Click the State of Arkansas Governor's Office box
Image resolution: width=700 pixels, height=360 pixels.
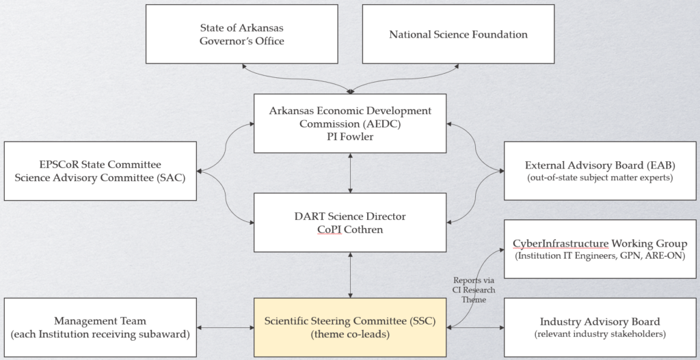click(x=241, y=34)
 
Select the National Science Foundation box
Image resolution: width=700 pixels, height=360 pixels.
click(x=458, y=34)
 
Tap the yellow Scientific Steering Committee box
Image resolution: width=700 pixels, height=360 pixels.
click(x=350, y=327)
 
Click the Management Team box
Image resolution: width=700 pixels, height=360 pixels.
click(x=100, y=327)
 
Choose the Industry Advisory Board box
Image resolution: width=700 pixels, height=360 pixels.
click(x=600, y=327)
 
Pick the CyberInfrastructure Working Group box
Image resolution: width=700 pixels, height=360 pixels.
click(x=600, y=249)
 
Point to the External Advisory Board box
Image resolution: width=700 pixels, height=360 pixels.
click(x=600, y=171)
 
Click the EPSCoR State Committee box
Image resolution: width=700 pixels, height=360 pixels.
click(x=100, y=171)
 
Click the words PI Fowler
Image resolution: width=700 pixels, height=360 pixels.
click(x=350, y=137)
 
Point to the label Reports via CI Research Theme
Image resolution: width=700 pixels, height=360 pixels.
click(x=474, y=290)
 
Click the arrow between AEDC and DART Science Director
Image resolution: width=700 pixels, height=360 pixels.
click(x=350, y=173)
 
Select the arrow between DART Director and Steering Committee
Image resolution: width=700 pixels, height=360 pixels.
click(x=350, y=275)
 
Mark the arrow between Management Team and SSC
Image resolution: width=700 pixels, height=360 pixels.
click(x=226, y=328)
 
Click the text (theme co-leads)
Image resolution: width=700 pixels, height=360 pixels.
click(x=350, y=334)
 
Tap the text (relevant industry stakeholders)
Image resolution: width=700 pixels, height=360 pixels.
click(x=600, y=334)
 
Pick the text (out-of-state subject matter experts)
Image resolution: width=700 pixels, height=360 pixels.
click(x=600, y=178)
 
